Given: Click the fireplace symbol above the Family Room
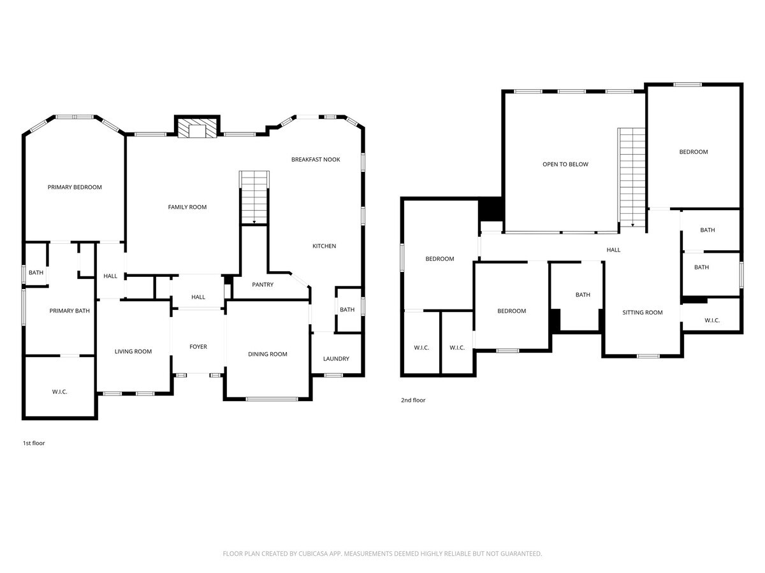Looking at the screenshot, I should pyautogui.click(x=197, y=129).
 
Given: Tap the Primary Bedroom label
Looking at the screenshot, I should pyautogui.click(x=75, y=187).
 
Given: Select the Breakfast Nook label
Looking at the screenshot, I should pyautogui.click(x=316, y=159).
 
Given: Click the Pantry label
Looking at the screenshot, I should pyautogui.click(x=263, y=285).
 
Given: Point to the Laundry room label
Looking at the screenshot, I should pyautogui.click(x=336, y=358).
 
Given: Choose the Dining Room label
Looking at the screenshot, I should pyautogui.click(x=267, y=354).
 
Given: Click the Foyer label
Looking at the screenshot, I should pyautogui.click(x=198, y=347).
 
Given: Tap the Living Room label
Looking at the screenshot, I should pyautogui.click(x=133, y=351).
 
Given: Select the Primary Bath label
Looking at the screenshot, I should pyautogui.click(x=69, y=311).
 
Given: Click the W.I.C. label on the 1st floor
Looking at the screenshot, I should pyautogui.click(x=59, y=392).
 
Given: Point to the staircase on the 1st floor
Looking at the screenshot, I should pyautogui.click(x=254, y=197).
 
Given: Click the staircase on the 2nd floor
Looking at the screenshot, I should pyautogui.click(x=632, y=176).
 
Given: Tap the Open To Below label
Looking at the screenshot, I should pyautogui.click(x=565, y=164).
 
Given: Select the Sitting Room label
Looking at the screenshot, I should pyautogui.click(x=643, y=313).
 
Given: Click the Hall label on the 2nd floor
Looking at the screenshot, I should pyautogui.click(x=613, y=250).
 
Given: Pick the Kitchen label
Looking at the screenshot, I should pyautogui.click(x=324, y=246).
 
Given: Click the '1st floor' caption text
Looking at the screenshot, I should pyautogui.click(x=34, y=443).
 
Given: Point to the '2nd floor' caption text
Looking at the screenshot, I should pyautogui.click(x=413, y=400).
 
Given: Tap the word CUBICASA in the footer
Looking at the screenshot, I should pyautogui.click(x=316, y=554).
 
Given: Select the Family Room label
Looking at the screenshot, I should pyautogui.click(x=187, y=207).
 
